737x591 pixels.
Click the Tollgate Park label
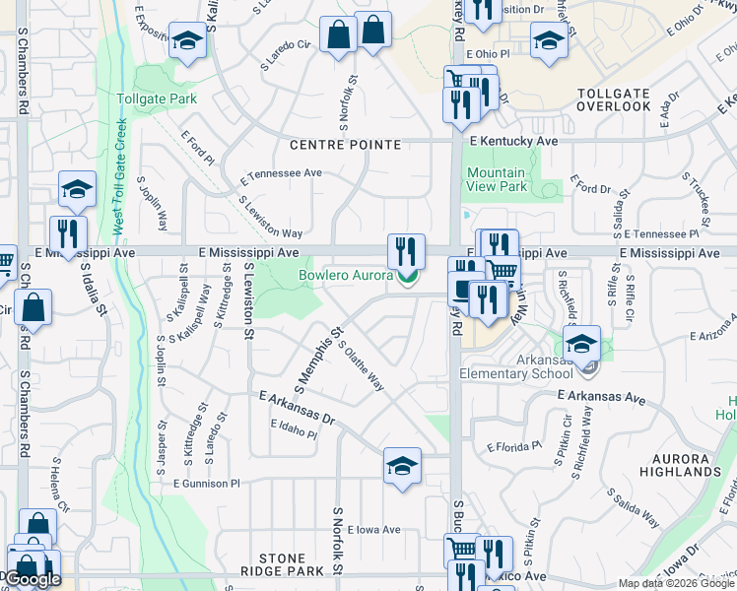(157, 98)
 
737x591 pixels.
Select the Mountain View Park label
(496, 179)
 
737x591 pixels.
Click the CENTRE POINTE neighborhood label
(345, 145)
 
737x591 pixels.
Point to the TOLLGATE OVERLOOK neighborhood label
(613, 99)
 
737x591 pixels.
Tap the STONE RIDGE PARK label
(284, 564)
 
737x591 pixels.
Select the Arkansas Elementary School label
(529, 365)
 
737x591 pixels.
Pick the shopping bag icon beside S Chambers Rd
(33, 307)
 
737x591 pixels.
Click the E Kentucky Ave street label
(513, 142)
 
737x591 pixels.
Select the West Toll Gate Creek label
(118, 177)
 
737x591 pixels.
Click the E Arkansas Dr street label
(298, 407)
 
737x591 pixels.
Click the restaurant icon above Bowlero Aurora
(406, 251)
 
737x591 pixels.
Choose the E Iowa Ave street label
(373, 529)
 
